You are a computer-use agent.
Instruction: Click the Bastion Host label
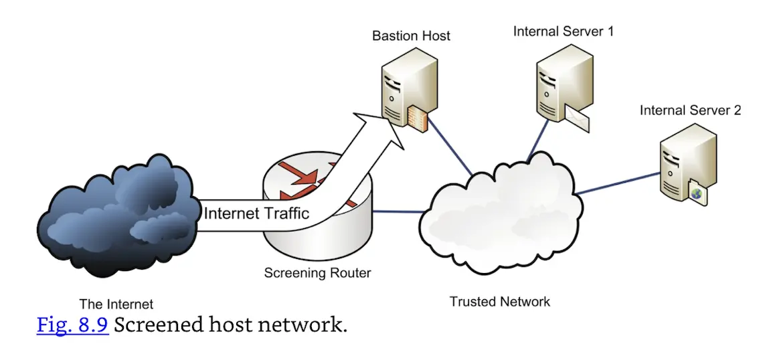click(411, 35)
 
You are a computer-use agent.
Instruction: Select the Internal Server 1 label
click(564, 31)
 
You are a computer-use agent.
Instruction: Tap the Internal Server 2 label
click(690, 110)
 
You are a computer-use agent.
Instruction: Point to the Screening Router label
click(317, 273)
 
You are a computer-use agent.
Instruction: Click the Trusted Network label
click(499, 301)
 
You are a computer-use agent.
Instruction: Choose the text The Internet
click(116, 304)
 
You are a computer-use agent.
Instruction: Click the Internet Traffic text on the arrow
click(256, 213)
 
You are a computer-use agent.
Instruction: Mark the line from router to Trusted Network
click(398, 212)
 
